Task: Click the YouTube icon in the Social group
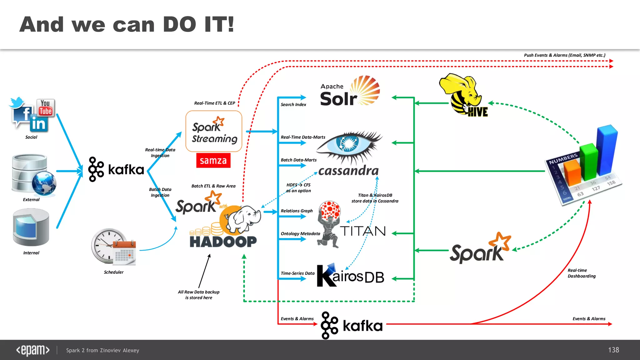point(46,108)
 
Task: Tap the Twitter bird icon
point(17,102)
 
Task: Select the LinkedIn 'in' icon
point(39,124)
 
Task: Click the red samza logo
point(213,161)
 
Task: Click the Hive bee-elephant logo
point(464,94)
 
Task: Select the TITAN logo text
point(362,231)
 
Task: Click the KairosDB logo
point(350,276)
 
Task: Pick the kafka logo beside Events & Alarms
point(352,325)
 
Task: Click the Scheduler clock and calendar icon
point(113,247)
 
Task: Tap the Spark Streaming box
point(214,131)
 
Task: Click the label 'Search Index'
point(293,105)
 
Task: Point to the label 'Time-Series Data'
point(297,273)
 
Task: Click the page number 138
point(613,350)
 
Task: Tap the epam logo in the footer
point(33,350)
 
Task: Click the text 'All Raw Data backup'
point(199,292)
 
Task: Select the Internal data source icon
point(31,227)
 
